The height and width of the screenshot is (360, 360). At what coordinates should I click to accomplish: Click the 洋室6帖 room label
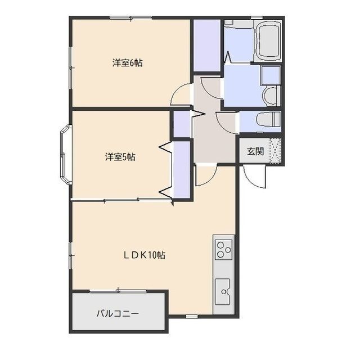point(127,63)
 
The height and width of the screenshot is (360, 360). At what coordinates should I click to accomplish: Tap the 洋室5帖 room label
point(120,157)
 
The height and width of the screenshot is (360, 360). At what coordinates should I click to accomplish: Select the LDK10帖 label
point(145,255)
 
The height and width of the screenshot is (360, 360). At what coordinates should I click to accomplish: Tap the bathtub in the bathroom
point(269,43)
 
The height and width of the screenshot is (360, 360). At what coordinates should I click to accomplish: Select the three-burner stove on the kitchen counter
point(224,247)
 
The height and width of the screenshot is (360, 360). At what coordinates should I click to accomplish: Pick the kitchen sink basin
point(224,290)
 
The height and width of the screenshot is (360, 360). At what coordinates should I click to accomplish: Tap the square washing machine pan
point(270,74)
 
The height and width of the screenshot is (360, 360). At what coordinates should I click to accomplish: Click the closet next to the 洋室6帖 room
point(206,46)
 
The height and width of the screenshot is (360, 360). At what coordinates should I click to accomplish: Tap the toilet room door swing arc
point(227,121)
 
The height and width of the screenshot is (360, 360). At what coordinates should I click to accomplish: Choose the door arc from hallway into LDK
point(204,175)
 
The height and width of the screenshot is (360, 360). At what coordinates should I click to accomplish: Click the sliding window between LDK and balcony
point(118,290)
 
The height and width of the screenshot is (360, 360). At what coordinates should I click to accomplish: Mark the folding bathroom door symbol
point(228,56)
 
